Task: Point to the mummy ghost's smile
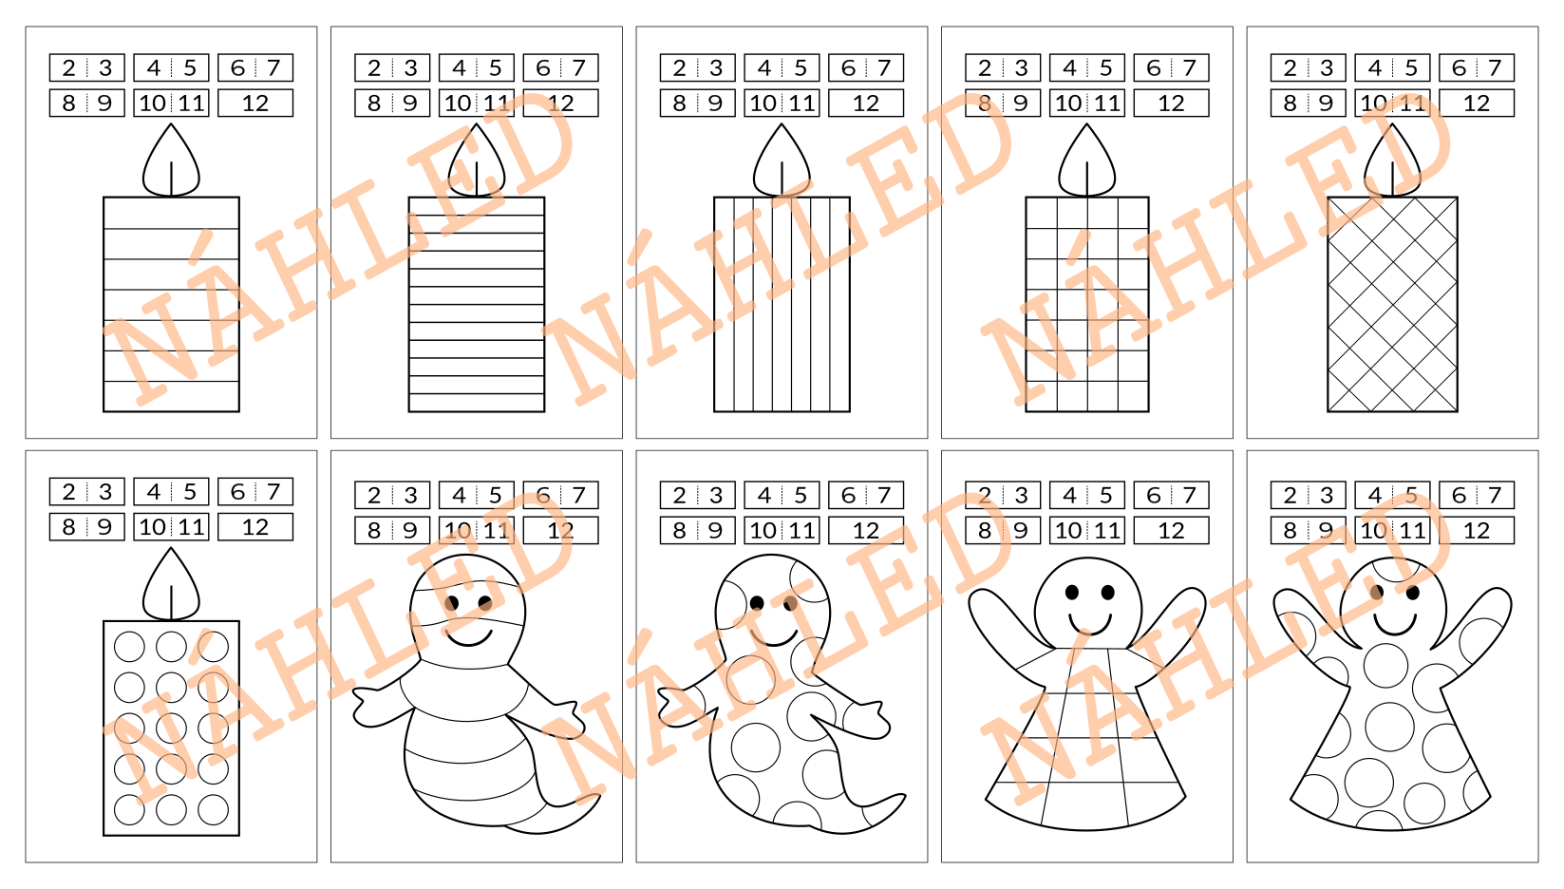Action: pyautogui.click(x=468, y=638)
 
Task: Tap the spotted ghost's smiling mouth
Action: pyautogui.click(x=774, y=637)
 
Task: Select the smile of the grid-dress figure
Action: pyautogui.click(x=1089, y=625)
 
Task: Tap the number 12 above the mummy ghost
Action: pyautogui.click(x=560, y=531)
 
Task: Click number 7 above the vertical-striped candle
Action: pyautogui.click(x=884, y=67)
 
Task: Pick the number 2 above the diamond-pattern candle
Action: pyautogui.click(x=1290, y=67)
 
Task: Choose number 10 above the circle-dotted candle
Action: pyautogui.click(x=152, y=526)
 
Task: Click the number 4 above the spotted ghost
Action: pyautogui.click(x=763, y=495)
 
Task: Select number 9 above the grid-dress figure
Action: pyautogui.click(x=1020, y=531)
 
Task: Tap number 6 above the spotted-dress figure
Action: pyautogui.click(x=1459, y=495)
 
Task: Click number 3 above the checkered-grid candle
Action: pyautogui.click(x=1021, y=67)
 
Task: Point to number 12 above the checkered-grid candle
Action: pyautogui.click(x=1171, y=104)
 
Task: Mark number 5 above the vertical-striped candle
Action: pyautogui.click(x=801, y=67)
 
